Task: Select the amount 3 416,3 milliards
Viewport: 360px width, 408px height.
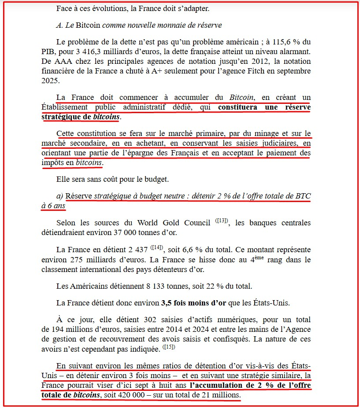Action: tap(100, 52)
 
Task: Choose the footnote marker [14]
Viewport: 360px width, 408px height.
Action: tap(157, 248)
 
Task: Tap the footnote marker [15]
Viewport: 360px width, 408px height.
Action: tap(168, 347)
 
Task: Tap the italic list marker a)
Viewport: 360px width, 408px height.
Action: tap(60, 196)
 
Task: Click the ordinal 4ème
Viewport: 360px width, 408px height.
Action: tap(256, 259)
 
